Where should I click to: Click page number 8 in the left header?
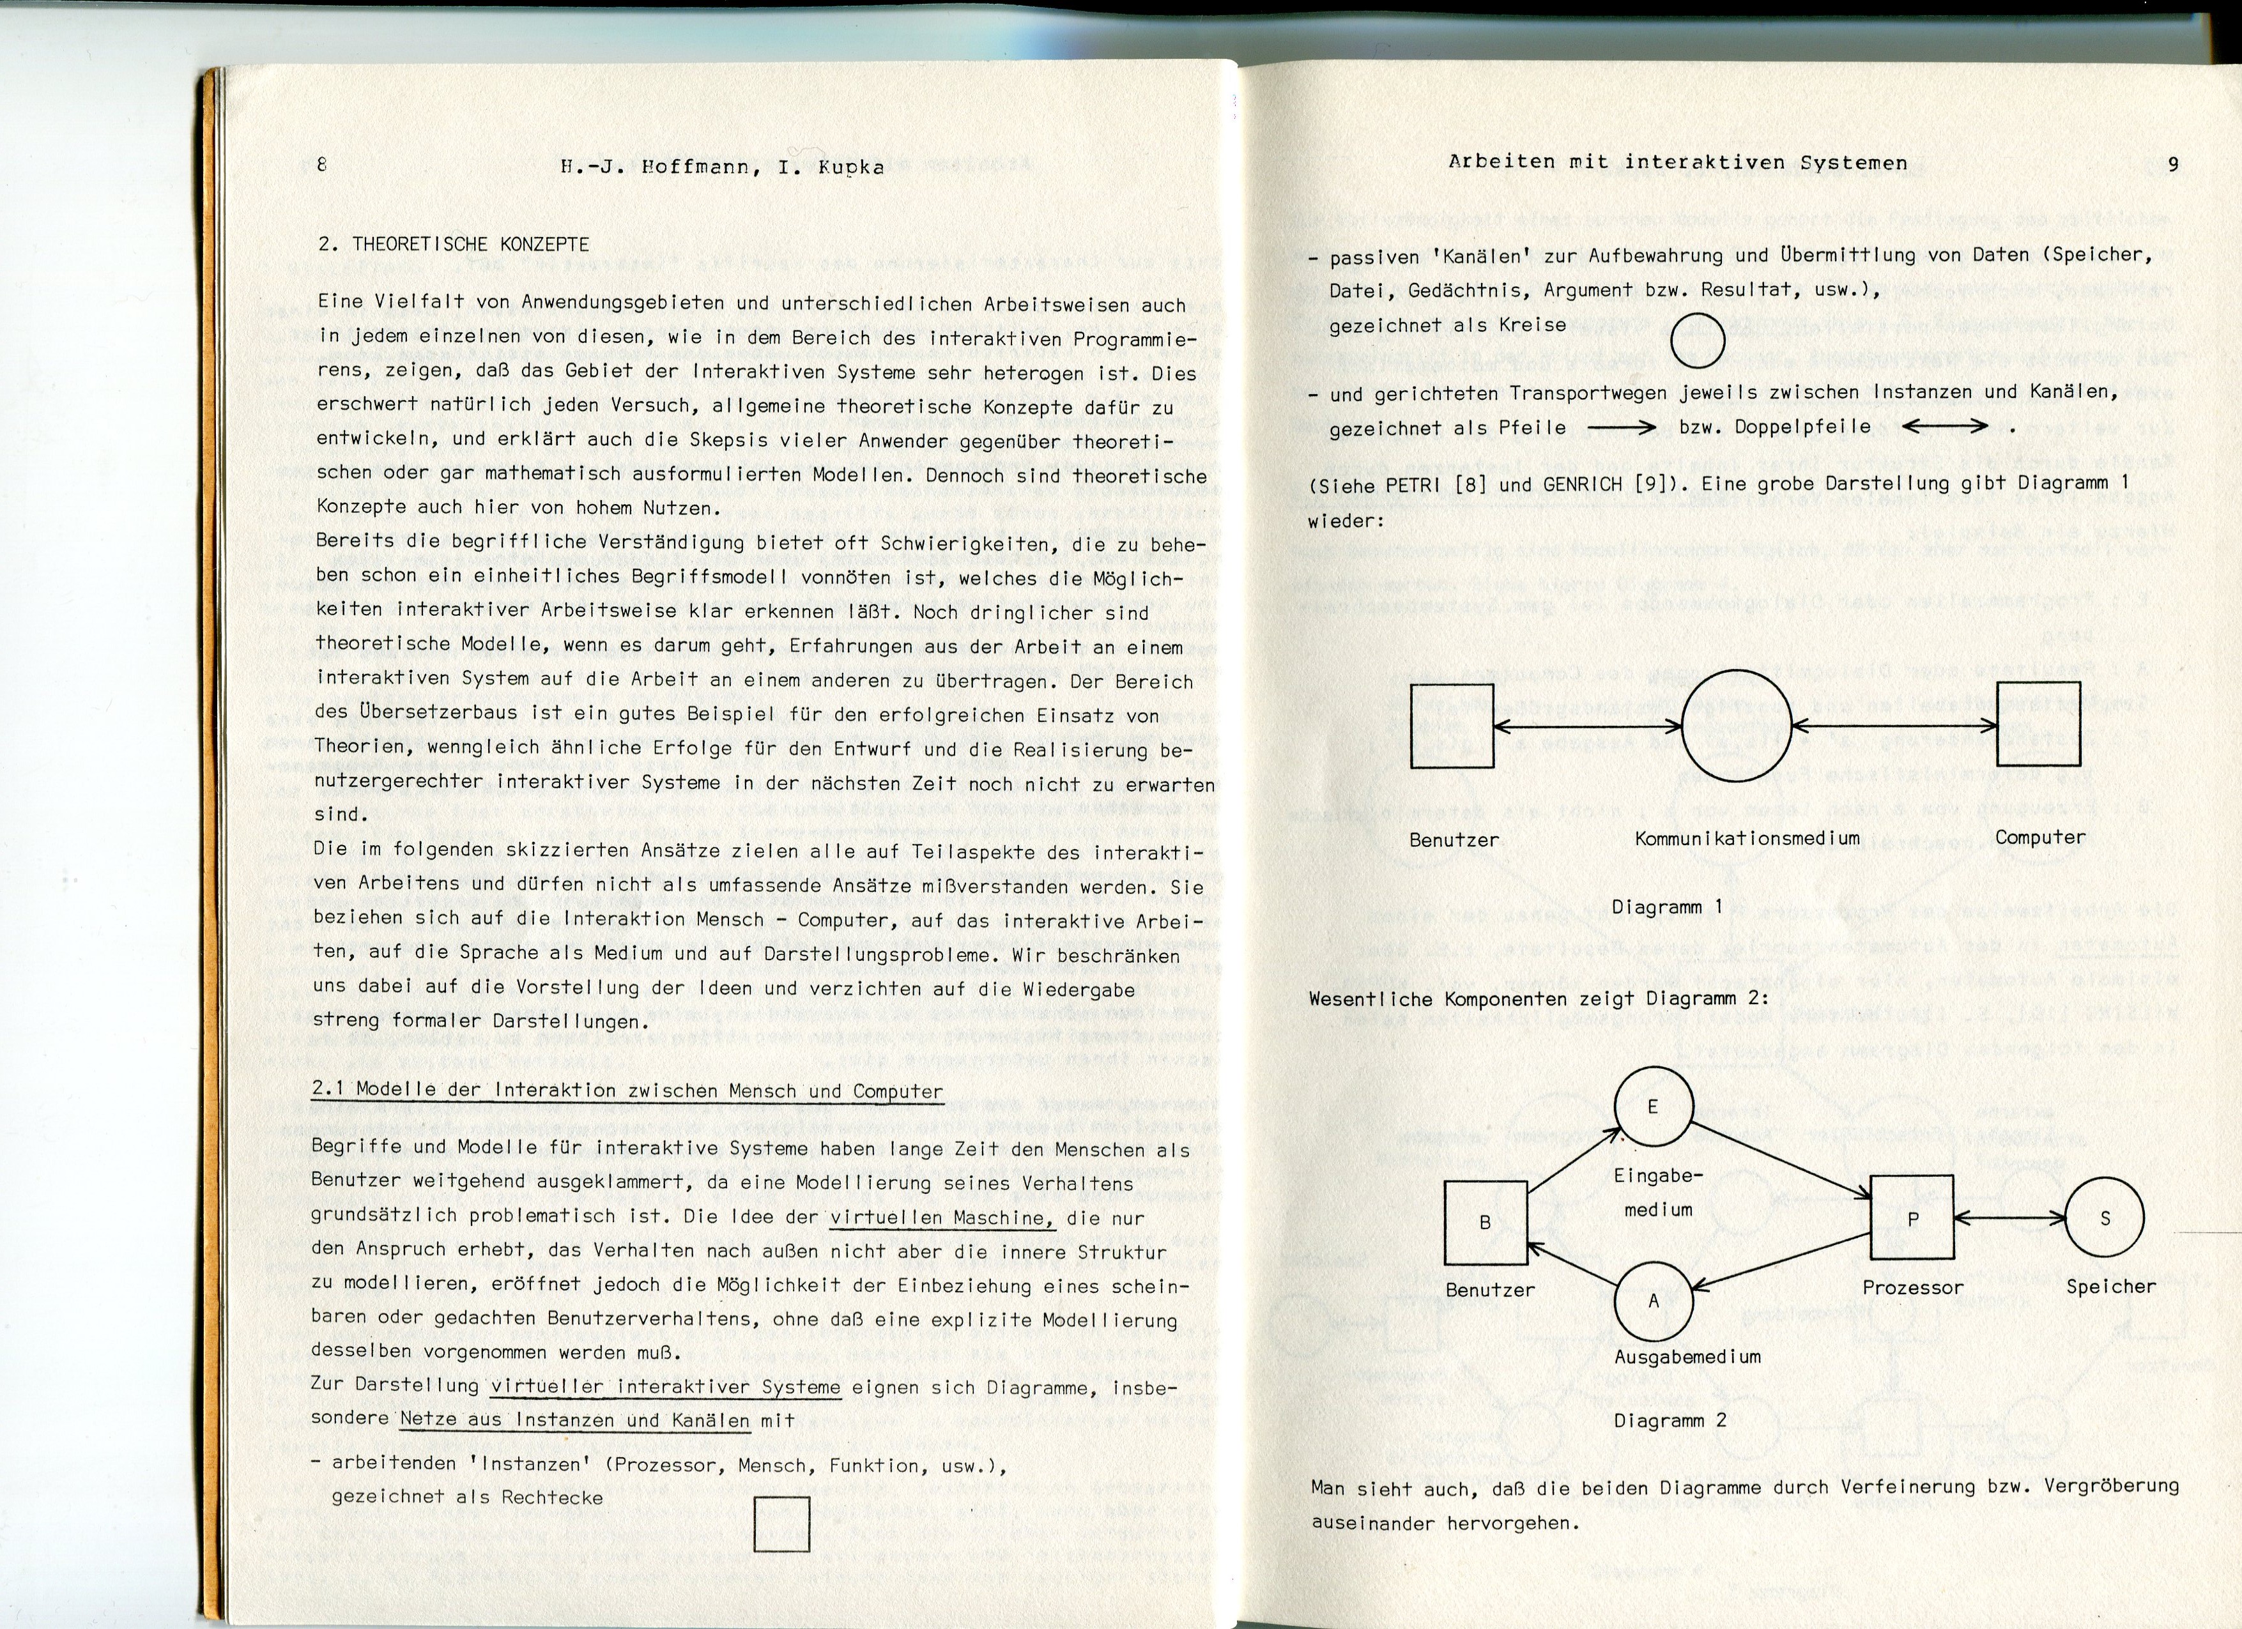(321, 165)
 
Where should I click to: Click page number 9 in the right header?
(2173, 164)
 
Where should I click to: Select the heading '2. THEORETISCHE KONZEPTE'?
(454, 244)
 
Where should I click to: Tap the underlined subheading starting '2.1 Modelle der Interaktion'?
(627, 1090)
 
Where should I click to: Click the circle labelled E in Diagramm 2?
(1653, 1107)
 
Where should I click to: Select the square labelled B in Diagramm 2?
(1486, 1223)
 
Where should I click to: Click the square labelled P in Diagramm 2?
(1912, 1218)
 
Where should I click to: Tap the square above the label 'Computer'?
(2038, 724)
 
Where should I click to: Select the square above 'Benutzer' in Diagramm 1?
(1451, 726)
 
